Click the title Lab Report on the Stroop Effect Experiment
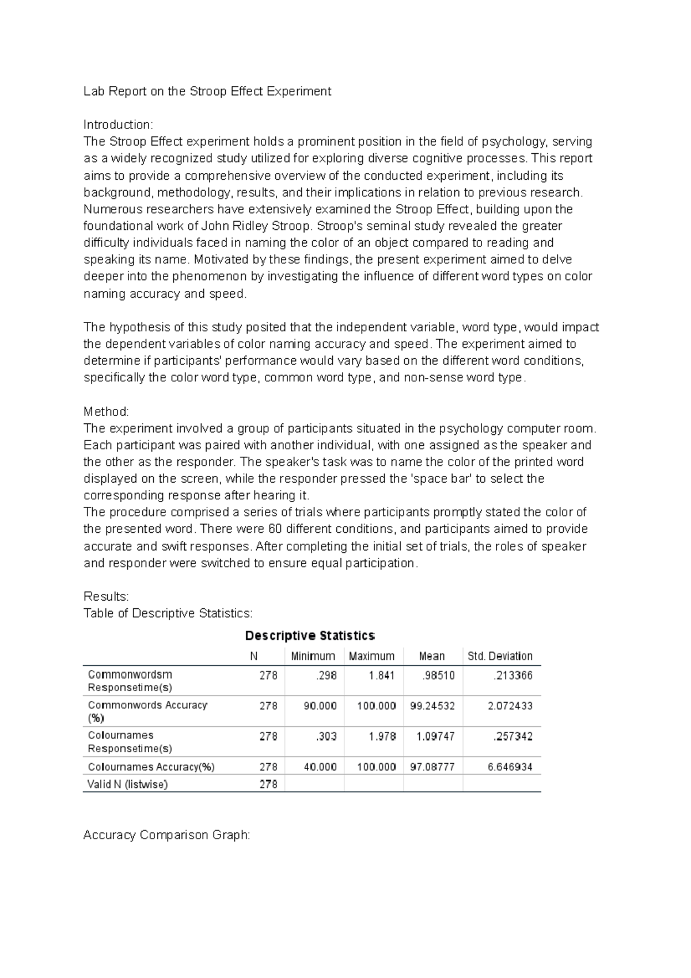(207, 91)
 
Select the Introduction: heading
(118, 124)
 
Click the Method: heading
(107, 412)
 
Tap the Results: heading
(107, 596)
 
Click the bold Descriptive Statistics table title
(310, 636)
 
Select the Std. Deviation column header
(500, 656)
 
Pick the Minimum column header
(313, 656)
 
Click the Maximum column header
(371, 656)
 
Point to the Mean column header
(432, 656)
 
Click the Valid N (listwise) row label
(127, 784)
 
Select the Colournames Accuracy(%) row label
(151, 767)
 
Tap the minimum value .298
(326, 675)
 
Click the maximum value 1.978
(382, 736)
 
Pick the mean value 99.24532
(432, 706)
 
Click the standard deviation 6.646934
(510, 767)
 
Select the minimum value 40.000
(320, 767)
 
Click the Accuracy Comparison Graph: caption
(167, 835)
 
